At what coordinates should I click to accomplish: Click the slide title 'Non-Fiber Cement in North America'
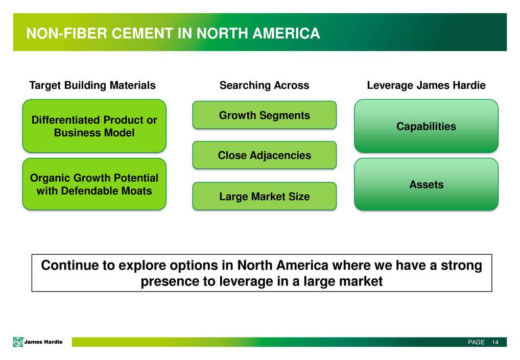(x=173, y=33)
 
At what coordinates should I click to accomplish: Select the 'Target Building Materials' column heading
(x=92, y=85)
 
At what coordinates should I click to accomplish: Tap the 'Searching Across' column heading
(x=264, y=85)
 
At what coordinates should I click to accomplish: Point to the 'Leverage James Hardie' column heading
(x=426, y=85)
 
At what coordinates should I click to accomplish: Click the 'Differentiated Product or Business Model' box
(x=94, y=126)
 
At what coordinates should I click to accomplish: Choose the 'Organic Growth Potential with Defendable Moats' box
(x=94, y=184)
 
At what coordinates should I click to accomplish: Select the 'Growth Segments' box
(x=264, y=115)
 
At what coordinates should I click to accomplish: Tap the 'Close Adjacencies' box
(x=264, y=155)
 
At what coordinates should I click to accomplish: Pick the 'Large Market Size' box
(x=264, y=196)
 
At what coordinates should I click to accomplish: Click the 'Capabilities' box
(x=426, y=126)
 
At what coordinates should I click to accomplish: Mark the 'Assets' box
(x=426, y=184)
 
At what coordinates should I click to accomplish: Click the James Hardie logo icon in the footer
(x=18, y=342)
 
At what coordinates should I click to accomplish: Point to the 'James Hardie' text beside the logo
(x=43, y=342)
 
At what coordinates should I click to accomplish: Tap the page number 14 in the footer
(x=495, y=342)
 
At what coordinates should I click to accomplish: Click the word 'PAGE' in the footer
(x=476, y=342)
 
